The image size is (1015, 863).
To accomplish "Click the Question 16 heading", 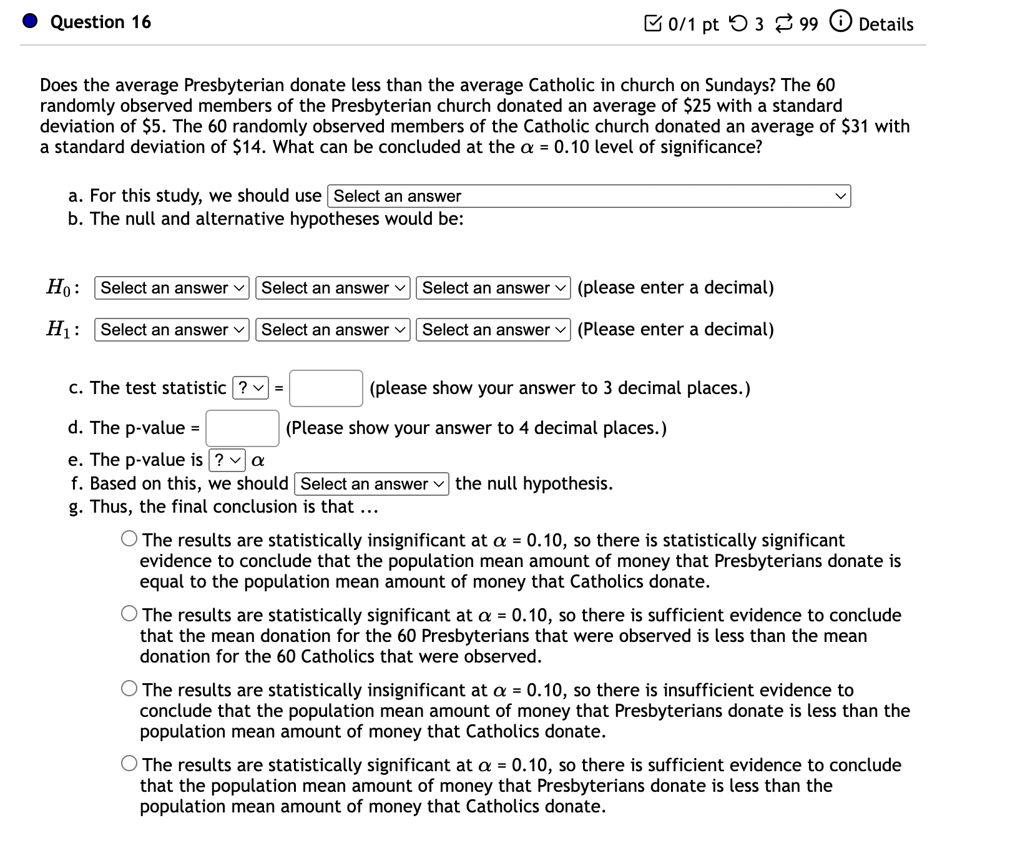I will [x=101, y=22].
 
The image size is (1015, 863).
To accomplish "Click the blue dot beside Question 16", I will [x=30, y=22].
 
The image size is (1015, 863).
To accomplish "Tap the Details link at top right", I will [x=885, y=24].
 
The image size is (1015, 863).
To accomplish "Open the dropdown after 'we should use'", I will [x=588, y=196].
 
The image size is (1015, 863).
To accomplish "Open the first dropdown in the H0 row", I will [x=172, y=288].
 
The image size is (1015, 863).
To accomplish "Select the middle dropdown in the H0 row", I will [x=333, y=288].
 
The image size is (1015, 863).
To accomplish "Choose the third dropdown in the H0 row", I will [x=493, y=288].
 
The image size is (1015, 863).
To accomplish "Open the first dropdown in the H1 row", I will [x=172, y=330].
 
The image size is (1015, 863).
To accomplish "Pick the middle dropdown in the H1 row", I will [x=333, y=330].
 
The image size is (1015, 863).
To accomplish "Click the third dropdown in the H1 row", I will [x=493, y=330].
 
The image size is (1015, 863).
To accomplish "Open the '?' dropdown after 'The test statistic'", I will [x=250, y=388].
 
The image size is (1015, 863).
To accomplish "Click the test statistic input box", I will [x=326, y=388].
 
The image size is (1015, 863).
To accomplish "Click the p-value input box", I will [x=242, y=428].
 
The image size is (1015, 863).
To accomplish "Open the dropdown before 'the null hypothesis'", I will [x=371, y=484].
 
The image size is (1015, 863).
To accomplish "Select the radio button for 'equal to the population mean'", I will [x=130, y=539].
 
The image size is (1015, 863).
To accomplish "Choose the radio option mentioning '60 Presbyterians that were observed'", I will [x=130, y=614].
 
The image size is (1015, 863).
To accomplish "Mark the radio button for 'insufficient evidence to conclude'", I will [x=130, y=689].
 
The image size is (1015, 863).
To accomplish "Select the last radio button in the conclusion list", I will [x=130, y=764].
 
